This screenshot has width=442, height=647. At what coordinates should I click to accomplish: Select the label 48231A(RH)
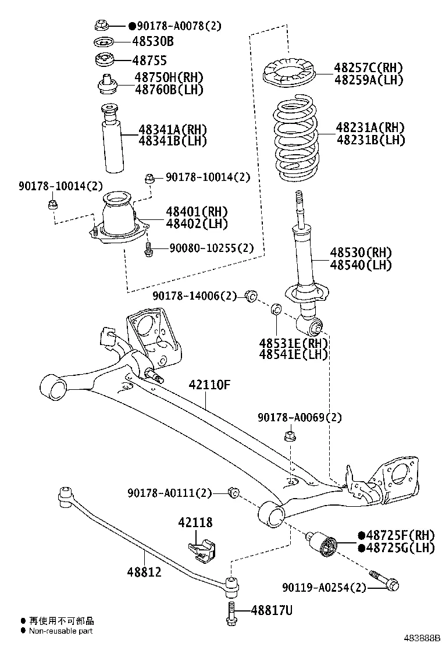point(369,127)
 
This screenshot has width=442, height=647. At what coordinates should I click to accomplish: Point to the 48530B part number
point(153,42)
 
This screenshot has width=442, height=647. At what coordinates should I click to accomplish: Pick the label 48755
point(149,60)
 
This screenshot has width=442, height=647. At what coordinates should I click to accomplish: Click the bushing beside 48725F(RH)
point(323,543)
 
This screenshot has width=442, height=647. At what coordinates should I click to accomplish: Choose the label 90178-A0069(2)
point(300,417)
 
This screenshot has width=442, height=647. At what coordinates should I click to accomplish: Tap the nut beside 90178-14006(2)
point(252,296)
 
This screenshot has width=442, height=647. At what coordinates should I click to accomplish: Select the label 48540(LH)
point(361,265)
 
